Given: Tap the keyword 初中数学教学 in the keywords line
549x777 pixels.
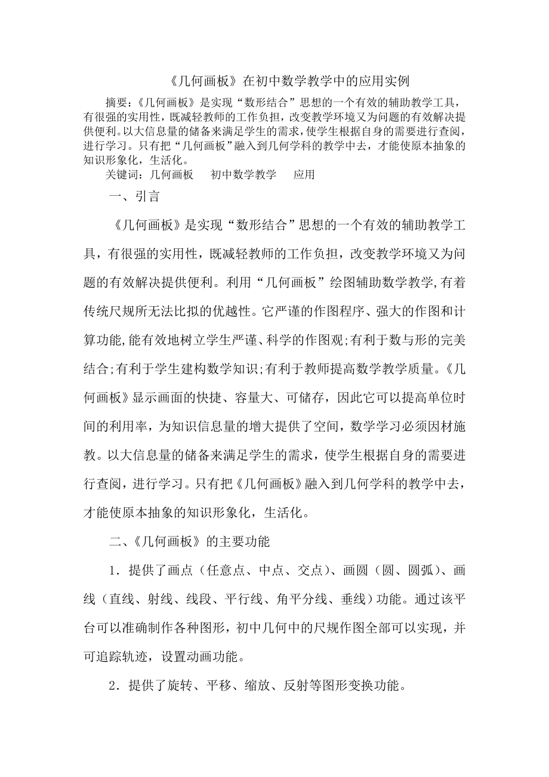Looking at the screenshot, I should [243, 175].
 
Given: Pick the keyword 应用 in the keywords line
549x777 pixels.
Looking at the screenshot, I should [304, 175].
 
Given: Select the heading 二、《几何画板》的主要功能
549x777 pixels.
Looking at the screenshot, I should [190, 542].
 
